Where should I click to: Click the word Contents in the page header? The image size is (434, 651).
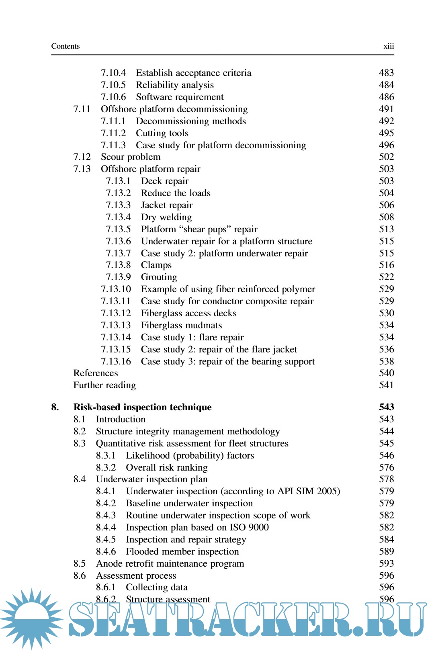66,46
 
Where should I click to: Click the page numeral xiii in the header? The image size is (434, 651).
389,46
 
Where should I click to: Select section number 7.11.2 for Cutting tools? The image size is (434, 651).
113,133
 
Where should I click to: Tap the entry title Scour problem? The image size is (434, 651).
131,157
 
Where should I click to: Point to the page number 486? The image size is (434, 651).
386,97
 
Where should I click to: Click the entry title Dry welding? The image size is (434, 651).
166,217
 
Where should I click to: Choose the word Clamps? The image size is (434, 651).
156,265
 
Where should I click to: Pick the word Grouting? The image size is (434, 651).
159,277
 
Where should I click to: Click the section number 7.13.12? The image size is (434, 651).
116,313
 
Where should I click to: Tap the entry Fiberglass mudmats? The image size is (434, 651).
181,325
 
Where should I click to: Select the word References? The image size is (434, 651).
96,373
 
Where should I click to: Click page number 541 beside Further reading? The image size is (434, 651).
386,385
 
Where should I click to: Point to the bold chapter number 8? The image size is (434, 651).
55,407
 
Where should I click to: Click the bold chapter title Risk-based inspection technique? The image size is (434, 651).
142,407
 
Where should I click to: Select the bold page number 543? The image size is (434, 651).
386,407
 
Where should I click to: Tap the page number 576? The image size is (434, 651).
386,467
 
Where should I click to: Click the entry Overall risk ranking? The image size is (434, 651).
167,467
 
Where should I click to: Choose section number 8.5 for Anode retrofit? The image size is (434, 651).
80,563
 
